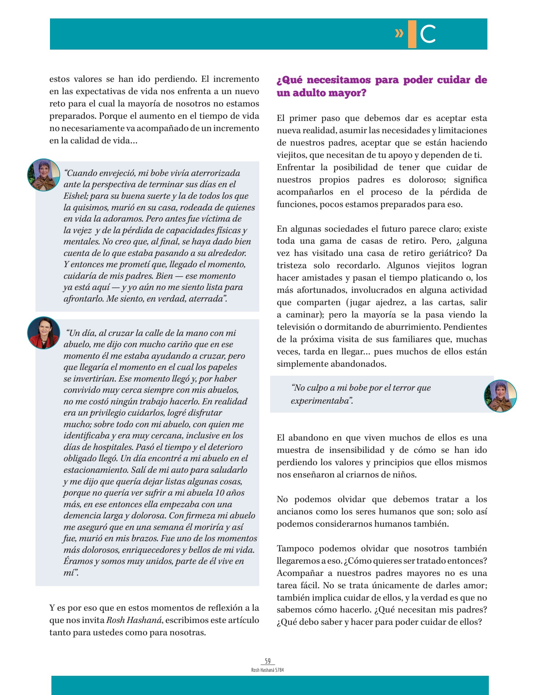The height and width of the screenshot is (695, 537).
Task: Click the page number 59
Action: point(268,661)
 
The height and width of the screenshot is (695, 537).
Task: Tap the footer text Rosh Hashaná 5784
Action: point(268,670)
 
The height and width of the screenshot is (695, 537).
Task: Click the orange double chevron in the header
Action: point(399,34)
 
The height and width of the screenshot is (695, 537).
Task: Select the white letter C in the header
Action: point(428,34)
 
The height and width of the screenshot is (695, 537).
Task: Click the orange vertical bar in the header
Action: point(412,34)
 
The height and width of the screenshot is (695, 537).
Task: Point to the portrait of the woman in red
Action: point(43,333)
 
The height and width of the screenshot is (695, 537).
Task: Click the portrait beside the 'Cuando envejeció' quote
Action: point(44,175)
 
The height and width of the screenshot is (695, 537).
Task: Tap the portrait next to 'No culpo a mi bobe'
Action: point(500,396)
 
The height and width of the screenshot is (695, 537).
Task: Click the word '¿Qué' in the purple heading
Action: point(290,80)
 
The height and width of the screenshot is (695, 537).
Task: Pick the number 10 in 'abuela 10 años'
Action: point(220,493)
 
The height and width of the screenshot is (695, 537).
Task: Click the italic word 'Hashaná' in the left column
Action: point(144,620)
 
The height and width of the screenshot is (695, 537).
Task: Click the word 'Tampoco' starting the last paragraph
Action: point(295,549)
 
